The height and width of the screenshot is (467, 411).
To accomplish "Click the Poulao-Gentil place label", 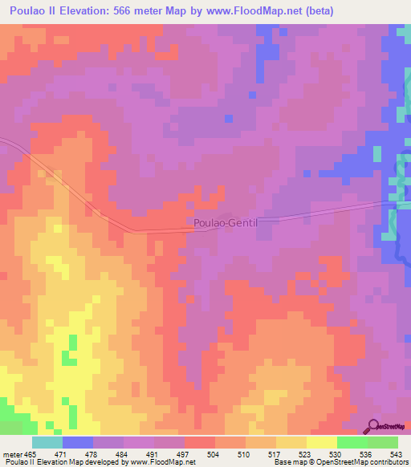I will click(224, 222).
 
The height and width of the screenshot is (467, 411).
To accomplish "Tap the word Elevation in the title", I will click(106, 10).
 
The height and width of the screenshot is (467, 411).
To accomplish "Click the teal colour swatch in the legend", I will click(47, 442).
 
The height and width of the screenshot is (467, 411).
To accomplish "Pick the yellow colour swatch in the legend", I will click(322, 442).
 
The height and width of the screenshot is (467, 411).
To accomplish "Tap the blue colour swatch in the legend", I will click(78, 442).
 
